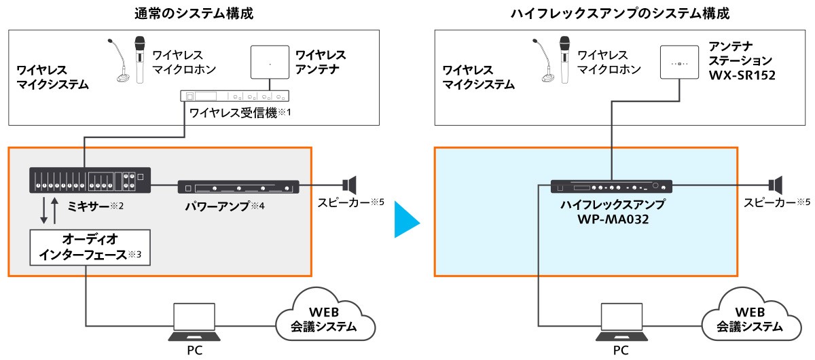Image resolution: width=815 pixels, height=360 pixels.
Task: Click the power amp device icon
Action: click(238, 187)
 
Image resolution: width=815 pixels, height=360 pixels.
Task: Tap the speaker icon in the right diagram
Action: click(775, 185)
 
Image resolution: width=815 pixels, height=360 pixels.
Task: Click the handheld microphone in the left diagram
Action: click(140, 61)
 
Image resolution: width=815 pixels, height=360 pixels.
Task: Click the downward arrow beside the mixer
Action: click(43, 212)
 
